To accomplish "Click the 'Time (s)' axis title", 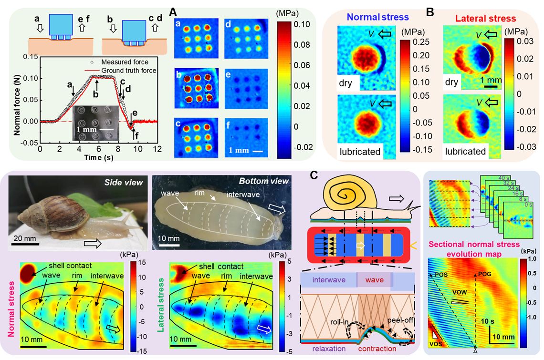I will [x=97, y=158].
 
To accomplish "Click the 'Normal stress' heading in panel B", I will [x=377, y=17].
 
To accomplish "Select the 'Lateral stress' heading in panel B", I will [x=485, y=19].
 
